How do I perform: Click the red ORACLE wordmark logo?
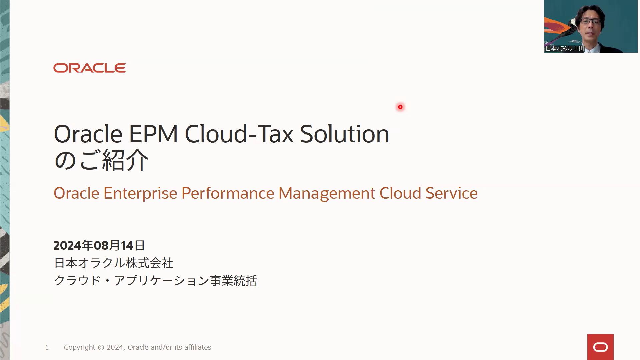pos(89,68)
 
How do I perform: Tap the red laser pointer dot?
pos(400,107)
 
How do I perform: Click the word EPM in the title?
pos(153,134)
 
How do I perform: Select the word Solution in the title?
pos(345,134)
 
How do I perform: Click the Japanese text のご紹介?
pos(101,160)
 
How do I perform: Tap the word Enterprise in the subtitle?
pos(140,193)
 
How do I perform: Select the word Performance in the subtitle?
pos(228,193)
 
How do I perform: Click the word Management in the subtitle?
pos(327,193)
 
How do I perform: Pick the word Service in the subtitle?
pos(452,193)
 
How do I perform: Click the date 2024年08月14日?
pos(99,245)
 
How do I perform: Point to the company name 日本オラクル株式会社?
pos(114,263)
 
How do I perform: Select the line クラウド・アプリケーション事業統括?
pos(156,281)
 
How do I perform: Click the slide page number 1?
pos(47,347)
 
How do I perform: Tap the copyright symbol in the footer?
pos(101,347)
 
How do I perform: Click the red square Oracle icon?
pos(600,347)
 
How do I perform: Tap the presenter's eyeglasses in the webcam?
pos(591,21)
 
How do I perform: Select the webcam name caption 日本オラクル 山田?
pos(565,48)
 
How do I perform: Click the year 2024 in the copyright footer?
pos(115,347)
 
